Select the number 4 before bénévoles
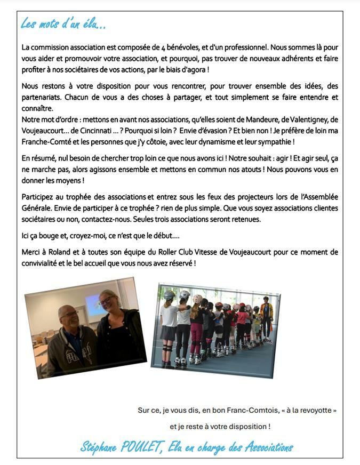pyautogui.click(x=148, y=47)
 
